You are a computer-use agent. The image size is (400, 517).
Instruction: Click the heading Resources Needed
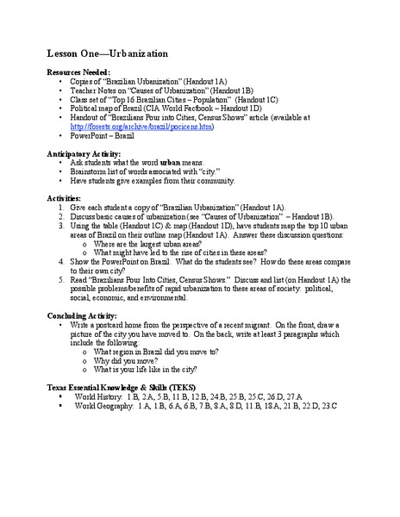coord(78,72)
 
